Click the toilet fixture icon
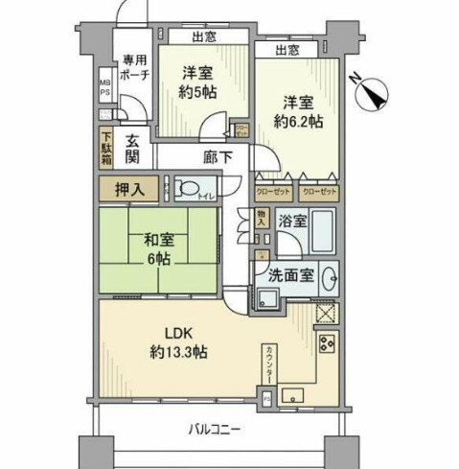coord(189,188)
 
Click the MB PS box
coord(105,94)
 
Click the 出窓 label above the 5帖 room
coord(202,37)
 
